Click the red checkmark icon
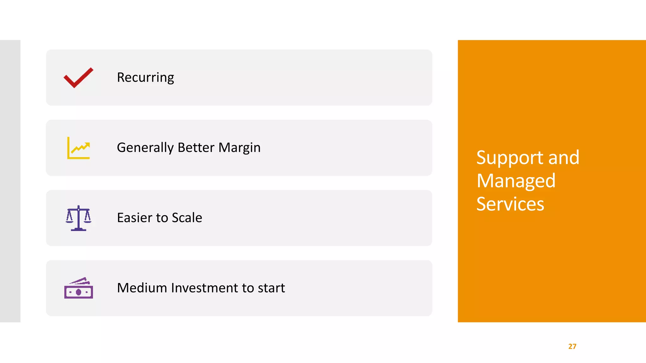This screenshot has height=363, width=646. [x=78, y=78]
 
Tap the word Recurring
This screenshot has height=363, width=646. [x=145, y=78]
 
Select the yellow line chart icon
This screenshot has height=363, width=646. [x=78, y=148]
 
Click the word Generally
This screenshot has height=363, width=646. [x=145, y=148]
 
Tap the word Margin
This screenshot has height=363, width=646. [x=239, y=148]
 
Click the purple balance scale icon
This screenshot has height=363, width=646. [x=78, y=218]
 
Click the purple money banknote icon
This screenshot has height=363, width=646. [x=78, y=288]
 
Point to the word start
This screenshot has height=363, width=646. [x=271, y=288]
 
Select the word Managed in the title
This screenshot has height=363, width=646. [x=516, y=181]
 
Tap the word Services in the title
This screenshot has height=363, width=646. [x=510, y=204]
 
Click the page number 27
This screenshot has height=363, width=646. [x=572, y=346]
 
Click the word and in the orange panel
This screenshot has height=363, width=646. [x=564, y=158]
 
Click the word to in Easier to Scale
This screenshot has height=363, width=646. [x=162, y=218]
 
